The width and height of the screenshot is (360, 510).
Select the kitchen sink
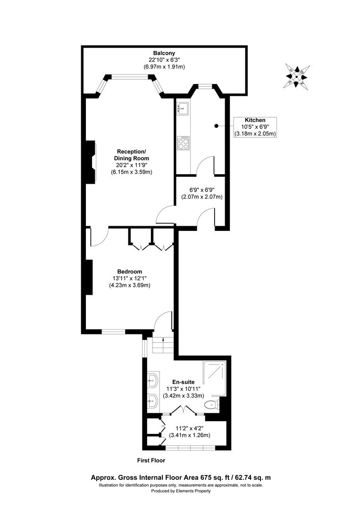tap(182, 109)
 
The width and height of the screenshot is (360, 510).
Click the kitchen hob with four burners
tap(183, 143)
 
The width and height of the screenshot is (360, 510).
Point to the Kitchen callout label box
tap(255, 127)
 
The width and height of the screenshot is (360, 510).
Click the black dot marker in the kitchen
tap(216, 126)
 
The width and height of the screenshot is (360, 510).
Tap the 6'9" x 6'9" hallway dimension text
tap(198, 193)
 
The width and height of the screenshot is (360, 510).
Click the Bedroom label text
tap(130, 272)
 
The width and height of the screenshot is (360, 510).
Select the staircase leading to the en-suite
tap(161, 345)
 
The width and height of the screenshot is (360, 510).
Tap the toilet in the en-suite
tap(211, 405)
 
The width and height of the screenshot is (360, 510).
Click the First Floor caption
tap(151, 460)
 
